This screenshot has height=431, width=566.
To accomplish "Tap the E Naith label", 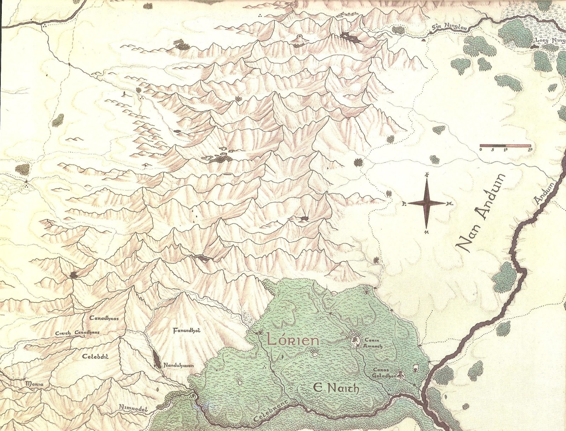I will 336,388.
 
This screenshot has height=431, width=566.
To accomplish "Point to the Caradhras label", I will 104,318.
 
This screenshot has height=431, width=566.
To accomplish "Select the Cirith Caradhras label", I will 77,333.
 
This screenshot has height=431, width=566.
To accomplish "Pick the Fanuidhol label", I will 186,331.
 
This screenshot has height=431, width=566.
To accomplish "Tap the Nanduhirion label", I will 178,366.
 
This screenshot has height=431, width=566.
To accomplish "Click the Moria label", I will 35,384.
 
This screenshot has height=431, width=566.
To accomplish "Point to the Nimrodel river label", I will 132,408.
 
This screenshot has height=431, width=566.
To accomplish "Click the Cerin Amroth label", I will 373,343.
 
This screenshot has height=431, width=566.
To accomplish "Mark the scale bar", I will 505,145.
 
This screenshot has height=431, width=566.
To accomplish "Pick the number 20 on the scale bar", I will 530,150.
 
